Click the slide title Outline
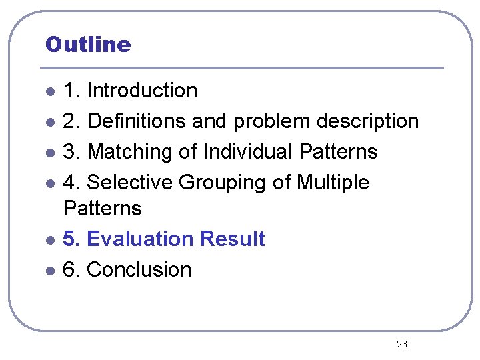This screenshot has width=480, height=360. tap(88, 45)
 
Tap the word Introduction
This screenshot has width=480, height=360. tap(142, 90)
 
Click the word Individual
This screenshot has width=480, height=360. tap(248, 151)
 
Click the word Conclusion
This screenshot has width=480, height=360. tap(139, 269)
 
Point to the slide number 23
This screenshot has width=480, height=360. tap(402, 344)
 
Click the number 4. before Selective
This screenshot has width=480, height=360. tap(71, 182)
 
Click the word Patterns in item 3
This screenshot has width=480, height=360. tap(339, 151)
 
